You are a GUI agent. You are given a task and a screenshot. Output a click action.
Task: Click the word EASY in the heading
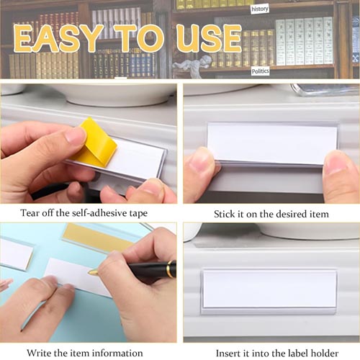point(59,38)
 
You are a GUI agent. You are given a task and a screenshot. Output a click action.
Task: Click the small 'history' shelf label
point(260,9)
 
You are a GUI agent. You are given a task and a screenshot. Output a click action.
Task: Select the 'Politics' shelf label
point(260,71)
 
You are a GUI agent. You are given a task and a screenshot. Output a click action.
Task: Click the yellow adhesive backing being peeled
point(95,143)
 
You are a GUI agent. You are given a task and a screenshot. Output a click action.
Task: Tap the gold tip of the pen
point(93,272)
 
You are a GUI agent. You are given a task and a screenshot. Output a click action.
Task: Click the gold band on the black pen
point(171,269)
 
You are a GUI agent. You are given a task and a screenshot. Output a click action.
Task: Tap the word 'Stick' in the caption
point(224,214)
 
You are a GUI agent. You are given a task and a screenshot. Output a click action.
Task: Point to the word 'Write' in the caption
point(39,353)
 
